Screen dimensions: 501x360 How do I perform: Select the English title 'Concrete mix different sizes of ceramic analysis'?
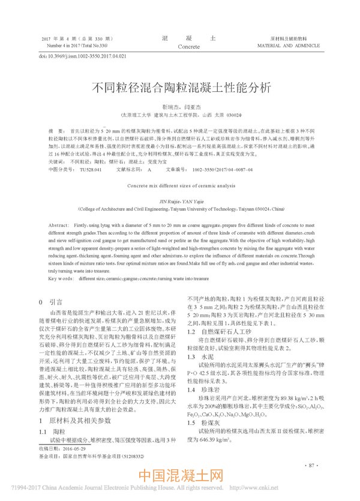coord(179,186)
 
